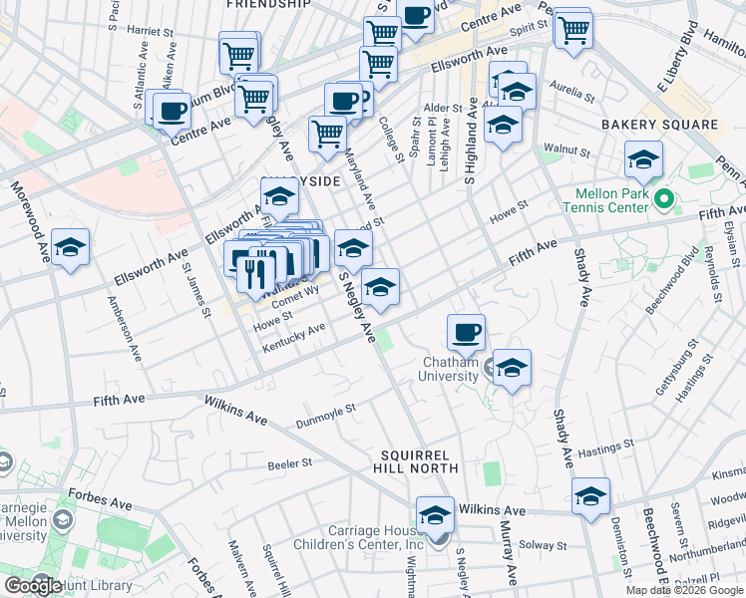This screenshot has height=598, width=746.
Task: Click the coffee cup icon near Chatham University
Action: click(x=465, y=331)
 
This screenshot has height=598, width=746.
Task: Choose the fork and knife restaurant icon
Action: click(x=256, y=270)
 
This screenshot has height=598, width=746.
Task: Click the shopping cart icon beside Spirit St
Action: click(x=572, y=29)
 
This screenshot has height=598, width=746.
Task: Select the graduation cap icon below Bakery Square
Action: click(x=643, y=159)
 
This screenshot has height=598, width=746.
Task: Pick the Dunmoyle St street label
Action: click(x=326, y=417)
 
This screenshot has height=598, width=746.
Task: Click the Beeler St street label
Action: click(x=290, y=463)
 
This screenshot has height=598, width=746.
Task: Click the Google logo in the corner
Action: click(x=33, y=585)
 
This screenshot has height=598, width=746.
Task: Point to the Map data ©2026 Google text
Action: click(x=683, y=590)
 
